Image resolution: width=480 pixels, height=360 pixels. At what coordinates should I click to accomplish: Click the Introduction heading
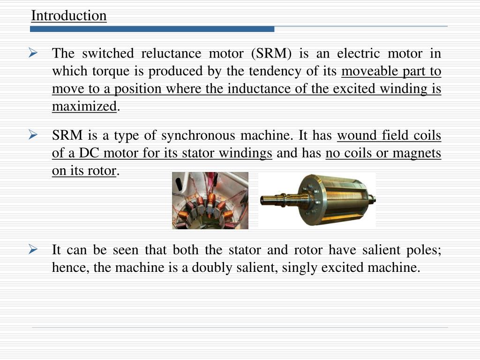(x=69, y=16)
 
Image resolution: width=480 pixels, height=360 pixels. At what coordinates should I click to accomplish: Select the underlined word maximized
(x=84, y=107)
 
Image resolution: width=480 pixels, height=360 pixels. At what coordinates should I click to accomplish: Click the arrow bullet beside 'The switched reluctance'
(x=33, y=53)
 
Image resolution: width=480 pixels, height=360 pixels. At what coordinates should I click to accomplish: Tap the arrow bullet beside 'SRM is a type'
(x=33, y=136)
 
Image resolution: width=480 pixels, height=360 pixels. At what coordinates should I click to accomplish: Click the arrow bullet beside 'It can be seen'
(x=33, y=250)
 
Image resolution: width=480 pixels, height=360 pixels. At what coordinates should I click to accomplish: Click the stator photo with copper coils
(x=210, y=200)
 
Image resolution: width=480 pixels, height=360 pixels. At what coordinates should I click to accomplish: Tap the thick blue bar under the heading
(x=152, y=29)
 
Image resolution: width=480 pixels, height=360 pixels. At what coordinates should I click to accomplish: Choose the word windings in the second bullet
(x=249, y=154)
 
